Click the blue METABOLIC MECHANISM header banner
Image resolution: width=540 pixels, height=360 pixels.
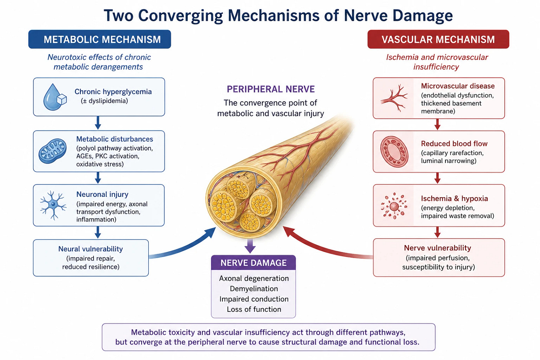99,39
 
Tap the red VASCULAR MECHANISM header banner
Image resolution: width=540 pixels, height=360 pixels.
438,39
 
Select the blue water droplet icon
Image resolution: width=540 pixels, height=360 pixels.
55,97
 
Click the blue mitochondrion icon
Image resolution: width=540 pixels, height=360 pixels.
53,151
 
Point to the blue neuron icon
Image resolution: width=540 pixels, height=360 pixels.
53,205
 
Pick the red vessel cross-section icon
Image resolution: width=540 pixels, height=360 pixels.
394,152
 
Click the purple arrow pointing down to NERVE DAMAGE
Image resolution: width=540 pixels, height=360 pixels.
250,246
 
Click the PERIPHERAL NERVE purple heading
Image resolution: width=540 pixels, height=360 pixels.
270,89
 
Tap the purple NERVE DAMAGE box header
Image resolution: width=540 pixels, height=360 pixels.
253,262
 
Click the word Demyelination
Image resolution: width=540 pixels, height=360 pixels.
254,289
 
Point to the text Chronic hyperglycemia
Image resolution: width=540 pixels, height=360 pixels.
113,92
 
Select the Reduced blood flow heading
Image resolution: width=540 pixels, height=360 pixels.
454,143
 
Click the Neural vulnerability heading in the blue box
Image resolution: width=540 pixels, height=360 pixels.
90,249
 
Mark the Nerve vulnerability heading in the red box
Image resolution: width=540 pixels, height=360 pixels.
438,248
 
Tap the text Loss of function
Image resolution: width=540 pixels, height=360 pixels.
254,309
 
